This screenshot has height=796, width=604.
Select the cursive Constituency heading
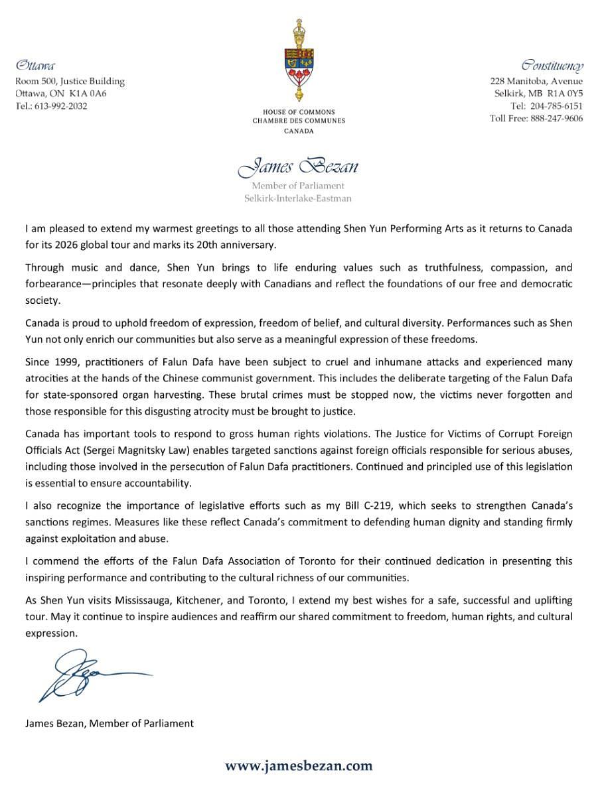[552, 66]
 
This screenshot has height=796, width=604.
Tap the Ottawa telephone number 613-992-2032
[58, 106]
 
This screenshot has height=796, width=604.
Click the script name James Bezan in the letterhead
[298, 166]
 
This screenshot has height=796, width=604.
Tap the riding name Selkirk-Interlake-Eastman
[298, 198]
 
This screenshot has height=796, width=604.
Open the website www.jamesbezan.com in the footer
[299, 766]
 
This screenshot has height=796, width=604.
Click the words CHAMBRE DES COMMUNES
[299, 121]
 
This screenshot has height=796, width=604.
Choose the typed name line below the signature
[110, 723]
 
